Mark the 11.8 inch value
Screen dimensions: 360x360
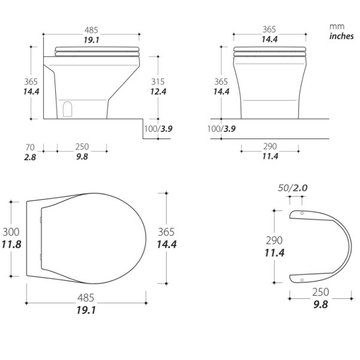coord(12,244)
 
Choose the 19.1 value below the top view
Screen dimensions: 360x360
coord(86,310)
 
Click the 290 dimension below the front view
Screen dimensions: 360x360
coord(270,147)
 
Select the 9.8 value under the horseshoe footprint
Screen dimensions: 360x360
coord(320,304)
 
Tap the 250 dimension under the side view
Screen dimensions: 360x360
coord(82,147)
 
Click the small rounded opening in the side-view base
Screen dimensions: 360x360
coord(68,109)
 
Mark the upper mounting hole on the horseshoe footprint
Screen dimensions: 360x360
coord(302,214)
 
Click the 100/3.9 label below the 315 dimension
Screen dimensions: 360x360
coord(159,129)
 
